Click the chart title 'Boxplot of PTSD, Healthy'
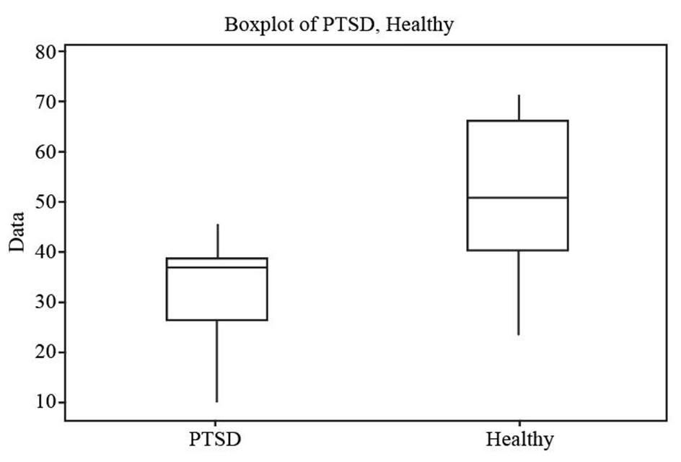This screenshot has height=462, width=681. pyautogui.click(x=338, y=25)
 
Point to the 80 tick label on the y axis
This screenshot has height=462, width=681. pyautogui.click(x=45, y=52)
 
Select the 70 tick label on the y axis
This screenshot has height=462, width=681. pyautogui.click(x=45, y=102)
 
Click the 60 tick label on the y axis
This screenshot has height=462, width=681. pyautogui.click(x=45, y=152)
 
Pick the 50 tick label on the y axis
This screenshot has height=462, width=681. pyautogui.click(x=45, y=201)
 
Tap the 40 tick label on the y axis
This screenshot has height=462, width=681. pyautogui.click(x=45, y=252)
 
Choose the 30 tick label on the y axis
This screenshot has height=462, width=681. pyautogui.click(x=45, y=302)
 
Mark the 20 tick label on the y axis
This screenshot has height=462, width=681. pyautogui.click(x=45, y=352)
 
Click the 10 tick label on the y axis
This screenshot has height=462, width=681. pyautogui.click(x=45, y=402)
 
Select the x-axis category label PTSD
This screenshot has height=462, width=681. pyautogui.click(x=216, y=439)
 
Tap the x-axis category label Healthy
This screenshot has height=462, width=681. pyautogui.click(x=519, y=439)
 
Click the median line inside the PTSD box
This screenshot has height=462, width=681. pyautogui.click(x=216, y=267)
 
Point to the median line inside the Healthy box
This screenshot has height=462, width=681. pyautogui.click(x=518, y=197)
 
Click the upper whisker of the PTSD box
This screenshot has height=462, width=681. pyautogui.click(x=217, y=241)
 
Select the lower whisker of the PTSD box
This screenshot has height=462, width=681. pyautogui.click(x=217, y=361)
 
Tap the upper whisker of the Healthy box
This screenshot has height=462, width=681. pyautogui.click(x=518, y=108)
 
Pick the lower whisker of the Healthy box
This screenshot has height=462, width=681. pyautogui.click(x=518, y=292)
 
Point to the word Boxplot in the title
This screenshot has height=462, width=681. pyautogui.click(x=255, y=25)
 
